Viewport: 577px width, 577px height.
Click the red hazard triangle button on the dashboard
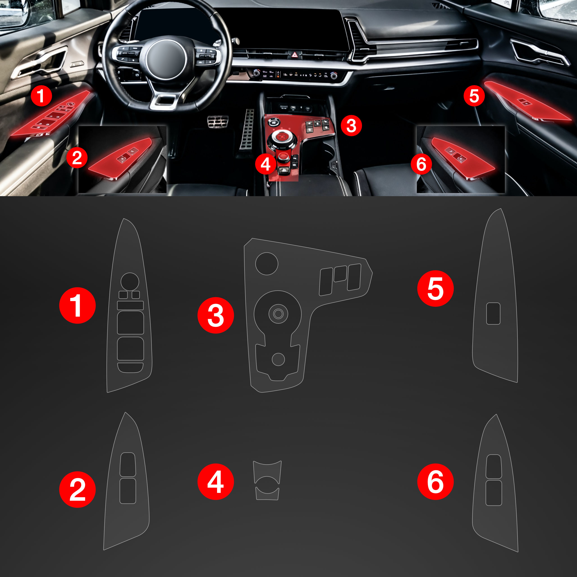tap(295, 55)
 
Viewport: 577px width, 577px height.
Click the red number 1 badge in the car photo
tap(41, 96)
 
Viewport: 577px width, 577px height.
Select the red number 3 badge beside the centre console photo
tap(351, 126)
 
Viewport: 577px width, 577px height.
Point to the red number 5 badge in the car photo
tap(474, 96)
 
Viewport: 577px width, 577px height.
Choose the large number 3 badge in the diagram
tap(216, 315)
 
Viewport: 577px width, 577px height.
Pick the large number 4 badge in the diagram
tap(216, 481)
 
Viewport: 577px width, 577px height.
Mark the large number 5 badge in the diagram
tap(435, 288)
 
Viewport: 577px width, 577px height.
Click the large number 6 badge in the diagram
tap(435, 481)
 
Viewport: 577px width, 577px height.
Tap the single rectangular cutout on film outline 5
tap(493, 313)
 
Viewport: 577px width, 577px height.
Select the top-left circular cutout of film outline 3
tap(267, 263)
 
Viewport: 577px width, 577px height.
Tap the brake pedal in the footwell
tap(218, 121)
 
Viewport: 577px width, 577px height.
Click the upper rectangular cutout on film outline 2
tap(128, 464)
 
